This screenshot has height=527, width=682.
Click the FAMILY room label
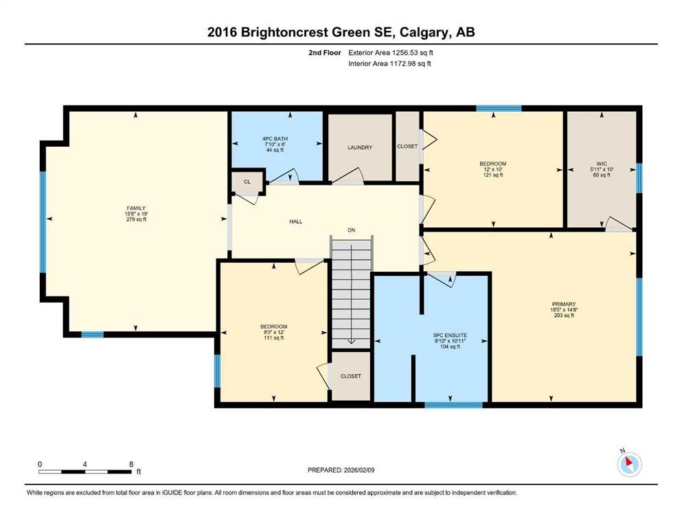(136, 208)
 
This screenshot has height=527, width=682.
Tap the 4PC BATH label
(275, 139)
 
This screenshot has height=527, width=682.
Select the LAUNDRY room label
(360, 148)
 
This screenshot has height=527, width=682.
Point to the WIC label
(602, 164)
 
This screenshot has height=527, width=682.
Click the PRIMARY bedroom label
(564, 304)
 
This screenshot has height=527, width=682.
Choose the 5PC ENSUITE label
(450, 336)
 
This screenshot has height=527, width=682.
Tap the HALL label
(296, 222)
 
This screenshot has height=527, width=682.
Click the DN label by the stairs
(352, 231)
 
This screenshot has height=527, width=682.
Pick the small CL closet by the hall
(247, 182)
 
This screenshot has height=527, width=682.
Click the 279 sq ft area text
(136, 220)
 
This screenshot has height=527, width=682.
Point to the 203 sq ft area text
(564, 316)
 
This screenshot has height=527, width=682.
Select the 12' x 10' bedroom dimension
(493, 169)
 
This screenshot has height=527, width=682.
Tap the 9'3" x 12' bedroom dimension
(273, 332)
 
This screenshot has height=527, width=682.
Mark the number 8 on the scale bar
(131, 465)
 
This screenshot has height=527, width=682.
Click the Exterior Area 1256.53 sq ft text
(391, 53)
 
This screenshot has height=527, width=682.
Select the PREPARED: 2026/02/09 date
(341, 470)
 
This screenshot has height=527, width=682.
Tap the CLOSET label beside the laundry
(407, 146)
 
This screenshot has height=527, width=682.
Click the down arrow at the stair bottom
(351, 342)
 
